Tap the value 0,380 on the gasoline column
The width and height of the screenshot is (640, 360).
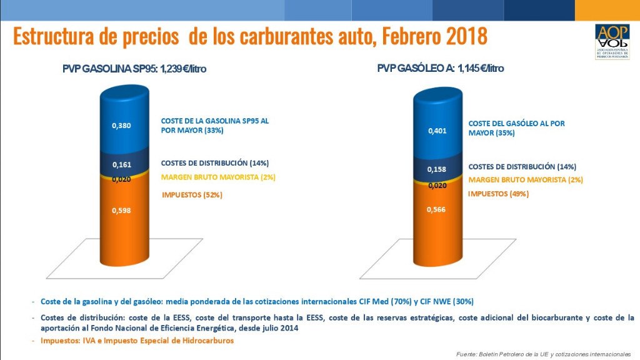(121, 126)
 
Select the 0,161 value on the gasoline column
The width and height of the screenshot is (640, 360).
(121, 165)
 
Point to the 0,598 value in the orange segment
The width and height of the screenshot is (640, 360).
(121, 210)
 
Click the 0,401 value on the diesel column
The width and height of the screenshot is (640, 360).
(437, 131)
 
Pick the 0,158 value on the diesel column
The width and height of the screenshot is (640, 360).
(437, 169)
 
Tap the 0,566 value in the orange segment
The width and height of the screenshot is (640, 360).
(437, 209)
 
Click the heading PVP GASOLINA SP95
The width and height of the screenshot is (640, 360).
(134, 69)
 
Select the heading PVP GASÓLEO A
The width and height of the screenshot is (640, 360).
(440, 68)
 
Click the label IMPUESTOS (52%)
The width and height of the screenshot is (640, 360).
(192, 195)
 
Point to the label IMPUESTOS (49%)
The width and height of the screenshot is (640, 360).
(498, 194)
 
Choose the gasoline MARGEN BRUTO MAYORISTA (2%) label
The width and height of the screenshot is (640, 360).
(218, 177)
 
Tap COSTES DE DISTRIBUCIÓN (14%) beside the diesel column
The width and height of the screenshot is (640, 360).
(522, 167)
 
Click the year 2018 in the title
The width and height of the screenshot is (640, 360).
(466, 36)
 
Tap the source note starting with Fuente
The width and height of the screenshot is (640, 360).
(544, 354)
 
